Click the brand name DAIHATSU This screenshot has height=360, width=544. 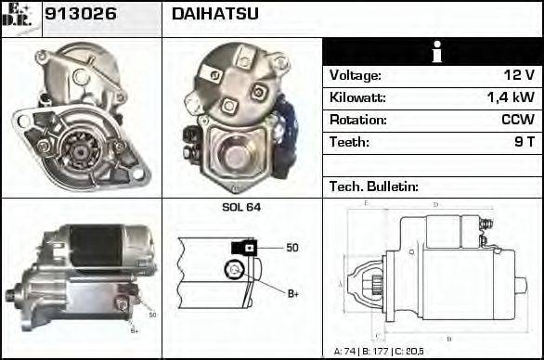[215, 14]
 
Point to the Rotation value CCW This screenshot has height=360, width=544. [516, 120]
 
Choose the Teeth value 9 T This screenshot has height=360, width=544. [524, 142]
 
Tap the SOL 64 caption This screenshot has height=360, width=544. [240, 207]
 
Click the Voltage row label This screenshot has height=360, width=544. [356, 75]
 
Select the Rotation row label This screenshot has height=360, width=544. [356, 120]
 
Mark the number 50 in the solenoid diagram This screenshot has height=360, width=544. [291, 248]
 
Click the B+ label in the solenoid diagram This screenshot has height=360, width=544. [292, 294]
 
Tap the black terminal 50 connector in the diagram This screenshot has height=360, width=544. [245, 248]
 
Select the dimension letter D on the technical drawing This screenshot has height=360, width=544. [435, 204]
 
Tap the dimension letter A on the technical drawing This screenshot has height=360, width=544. [341, 283]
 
